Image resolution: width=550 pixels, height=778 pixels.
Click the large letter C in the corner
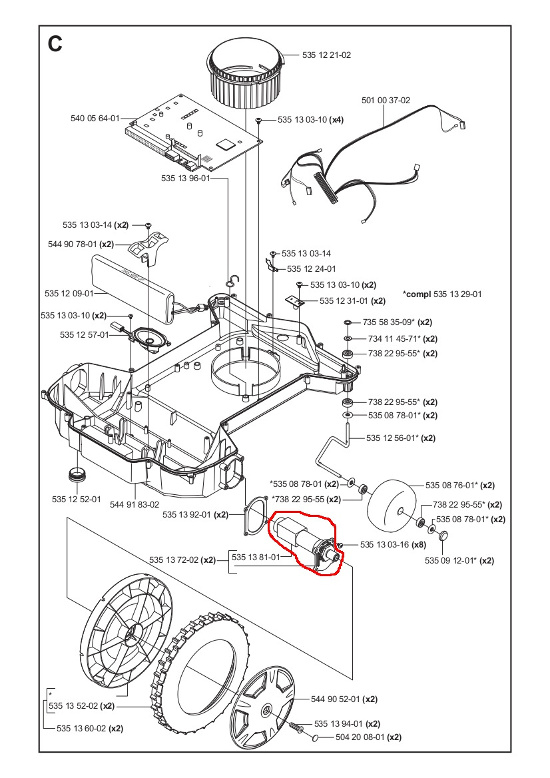coord(55,44)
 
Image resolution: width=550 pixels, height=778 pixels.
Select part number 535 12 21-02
coord(328,56)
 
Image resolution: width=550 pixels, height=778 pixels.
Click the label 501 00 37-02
coord(386,101)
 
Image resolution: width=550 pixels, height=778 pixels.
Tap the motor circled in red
coord(302,540)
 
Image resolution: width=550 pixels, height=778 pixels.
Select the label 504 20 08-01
coord(361,737)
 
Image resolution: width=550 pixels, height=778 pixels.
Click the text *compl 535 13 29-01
coord(442,294)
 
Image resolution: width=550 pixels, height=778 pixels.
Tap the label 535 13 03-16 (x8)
coord(393,545)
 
